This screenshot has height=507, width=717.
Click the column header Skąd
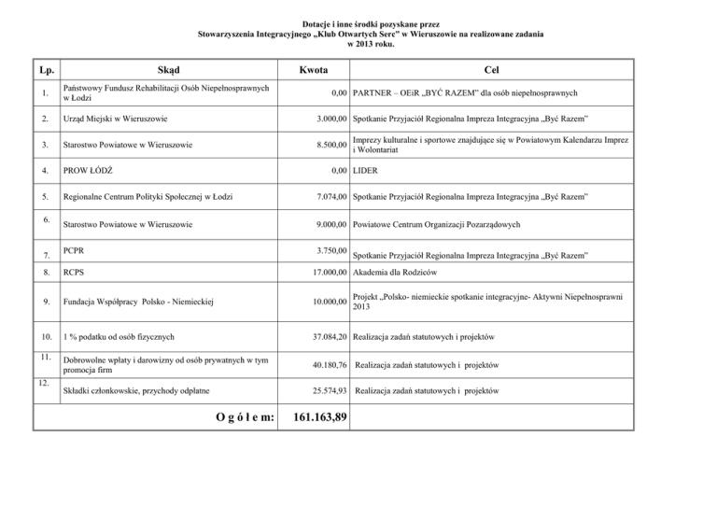[170, 70]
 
